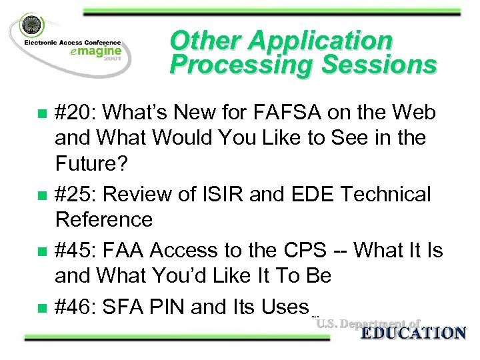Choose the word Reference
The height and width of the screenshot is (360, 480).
[103, 219]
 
